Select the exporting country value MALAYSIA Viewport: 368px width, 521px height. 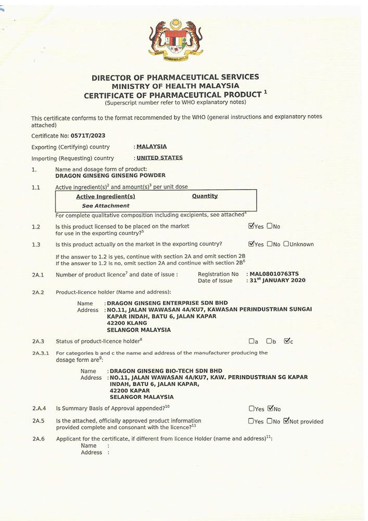151,147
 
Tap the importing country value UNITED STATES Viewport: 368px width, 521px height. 159,158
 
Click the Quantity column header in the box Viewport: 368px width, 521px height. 205,196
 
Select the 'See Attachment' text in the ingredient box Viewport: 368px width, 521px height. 106,206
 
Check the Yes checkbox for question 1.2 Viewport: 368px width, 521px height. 251,226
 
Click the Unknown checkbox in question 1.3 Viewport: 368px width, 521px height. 286,244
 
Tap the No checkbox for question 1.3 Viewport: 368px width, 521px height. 269,244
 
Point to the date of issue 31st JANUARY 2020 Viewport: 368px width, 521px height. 277,280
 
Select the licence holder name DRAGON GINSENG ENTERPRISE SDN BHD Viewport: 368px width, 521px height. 167,303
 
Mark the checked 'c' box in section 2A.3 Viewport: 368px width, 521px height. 286,341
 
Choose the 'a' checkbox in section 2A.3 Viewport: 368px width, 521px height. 251,341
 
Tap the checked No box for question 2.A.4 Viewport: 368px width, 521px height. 270,408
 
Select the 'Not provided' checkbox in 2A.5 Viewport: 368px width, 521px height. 286,421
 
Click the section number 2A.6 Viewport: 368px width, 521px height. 39,439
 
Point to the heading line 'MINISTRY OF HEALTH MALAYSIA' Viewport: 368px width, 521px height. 175,86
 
